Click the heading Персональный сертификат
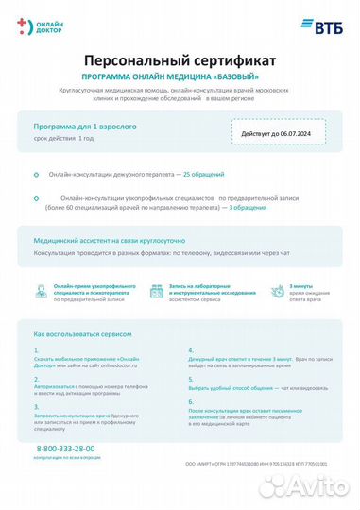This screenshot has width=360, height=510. [180, 59]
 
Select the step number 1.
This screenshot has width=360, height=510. [35, 349]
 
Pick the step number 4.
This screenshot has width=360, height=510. [191, 349]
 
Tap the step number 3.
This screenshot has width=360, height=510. [35, 404]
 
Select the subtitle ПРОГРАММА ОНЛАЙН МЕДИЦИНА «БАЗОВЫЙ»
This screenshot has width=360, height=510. [180, 75]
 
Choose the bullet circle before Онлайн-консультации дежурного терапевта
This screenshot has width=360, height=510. [35, 175]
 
